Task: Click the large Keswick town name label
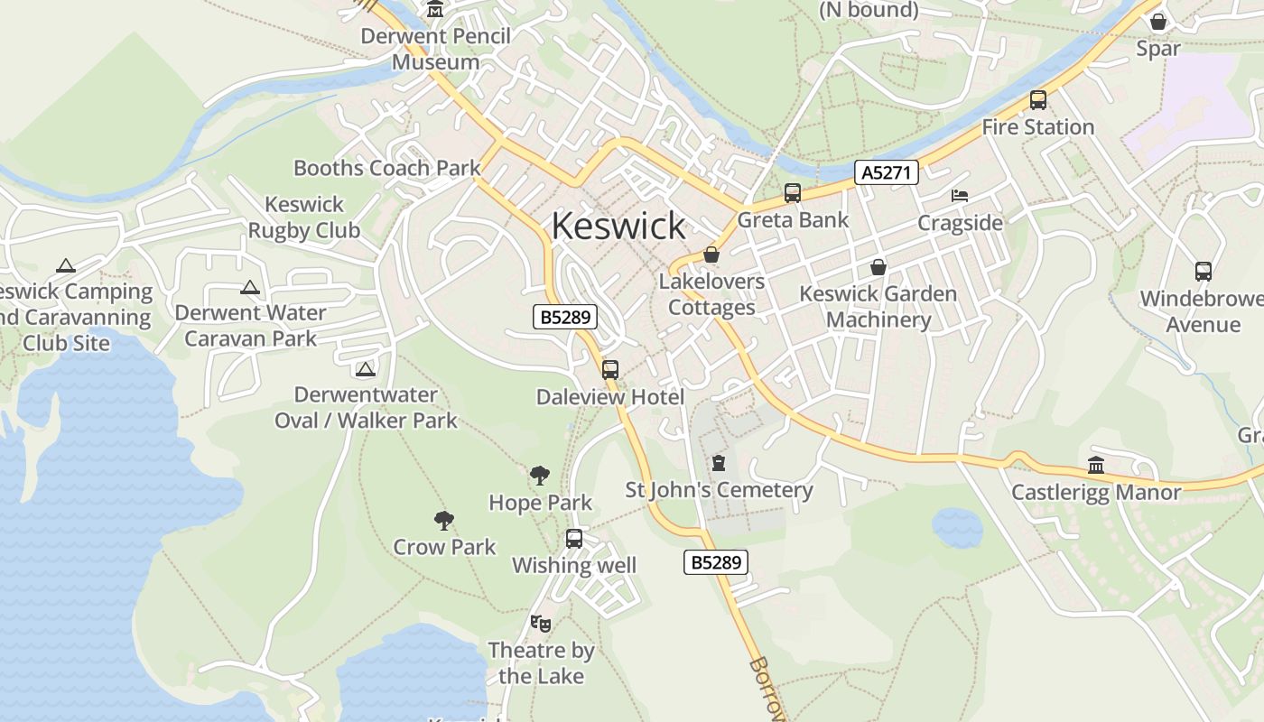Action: pos(618,226)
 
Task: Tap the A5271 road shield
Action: pos(886,172)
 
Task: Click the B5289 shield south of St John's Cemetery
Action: pos(716,562)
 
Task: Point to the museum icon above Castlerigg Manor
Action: pos(1096,466)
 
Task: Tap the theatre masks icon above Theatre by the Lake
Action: pos(541,623)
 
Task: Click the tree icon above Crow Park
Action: pos(443,520)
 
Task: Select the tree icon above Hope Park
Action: pos(540,475)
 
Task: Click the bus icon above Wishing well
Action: pos(574,539)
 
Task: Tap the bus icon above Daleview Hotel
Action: pos(610,369)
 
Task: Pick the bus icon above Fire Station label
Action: pos(1038,100)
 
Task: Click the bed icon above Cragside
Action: pos(960,195)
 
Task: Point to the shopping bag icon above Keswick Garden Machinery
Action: pos(878,267)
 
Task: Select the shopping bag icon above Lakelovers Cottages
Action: pos(711,255)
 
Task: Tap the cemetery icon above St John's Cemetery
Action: pos(719,463)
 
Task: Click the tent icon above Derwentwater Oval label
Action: pos(365,369)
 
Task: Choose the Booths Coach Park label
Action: pos(386,168)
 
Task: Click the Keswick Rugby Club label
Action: pos(304,218)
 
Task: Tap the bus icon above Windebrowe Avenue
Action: pos(1203,271)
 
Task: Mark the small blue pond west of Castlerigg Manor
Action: pos(957,528)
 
